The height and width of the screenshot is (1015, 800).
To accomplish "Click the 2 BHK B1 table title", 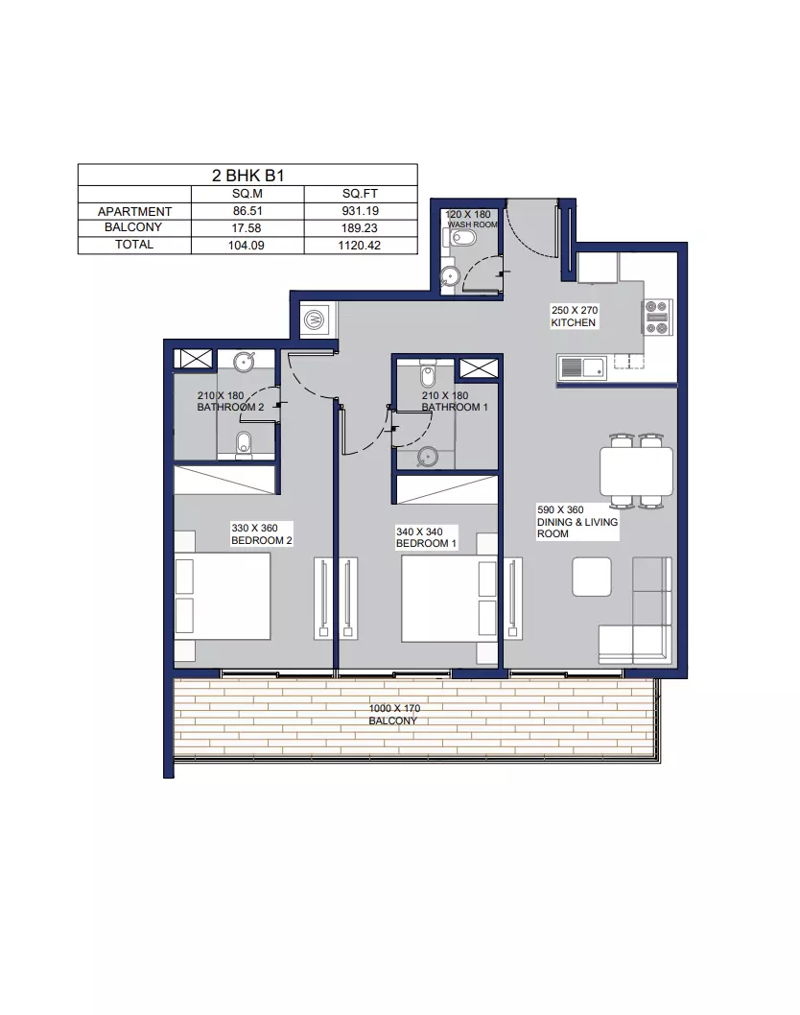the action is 247,176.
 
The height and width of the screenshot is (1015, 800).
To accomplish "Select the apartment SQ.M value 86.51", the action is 247,211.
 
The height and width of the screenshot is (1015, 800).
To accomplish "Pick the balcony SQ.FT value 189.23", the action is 360,228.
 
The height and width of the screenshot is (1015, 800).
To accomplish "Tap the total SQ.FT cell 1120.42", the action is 360,246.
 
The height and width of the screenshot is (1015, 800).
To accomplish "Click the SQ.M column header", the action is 247,194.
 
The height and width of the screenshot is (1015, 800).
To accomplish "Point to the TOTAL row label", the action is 134,244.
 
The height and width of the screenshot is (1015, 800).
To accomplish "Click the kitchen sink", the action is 582,368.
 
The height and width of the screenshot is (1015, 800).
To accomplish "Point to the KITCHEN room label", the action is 574,322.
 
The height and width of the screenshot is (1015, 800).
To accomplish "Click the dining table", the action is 637,471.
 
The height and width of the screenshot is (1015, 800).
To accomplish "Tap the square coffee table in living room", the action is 592,578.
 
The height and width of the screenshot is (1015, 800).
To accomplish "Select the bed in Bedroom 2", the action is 223,596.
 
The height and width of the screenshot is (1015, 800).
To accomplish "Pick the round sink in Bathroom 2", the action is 244,362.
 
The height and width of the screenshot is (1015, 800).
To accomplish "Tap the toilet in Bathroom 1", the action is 427,374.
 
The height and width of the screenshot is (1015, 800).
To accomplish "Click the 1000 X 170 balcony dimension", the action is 394,709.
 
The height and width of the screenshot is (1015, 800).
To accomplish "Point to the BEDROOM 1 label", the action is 427,544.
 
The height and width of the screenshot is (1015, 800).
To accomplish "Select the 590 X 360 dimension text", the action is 560,510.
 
